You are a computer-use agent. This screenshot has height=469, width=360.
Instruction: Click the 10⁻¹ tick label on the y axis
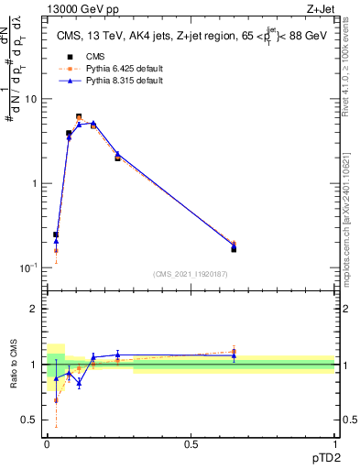[30, 267]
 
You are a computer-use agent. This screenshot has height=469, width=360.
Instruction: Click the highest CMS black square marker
[79, 117]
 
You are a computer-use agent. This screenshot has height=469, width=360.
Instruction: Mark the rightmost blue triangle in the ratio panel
[234, 355]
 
